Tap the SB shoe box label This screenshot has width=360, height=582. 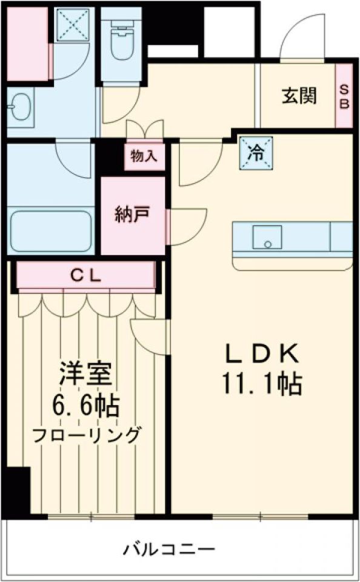click(344, 96)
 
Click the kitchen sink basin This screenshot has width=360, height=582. click(267, 236)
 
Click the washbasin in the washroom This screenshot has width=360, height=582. click(19, 107)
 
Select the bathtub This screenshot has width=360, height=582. click(50, 232)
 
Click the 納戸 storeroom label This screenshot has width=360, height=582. click(132, 214)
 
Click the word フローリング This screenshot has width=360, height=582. click(87, 434)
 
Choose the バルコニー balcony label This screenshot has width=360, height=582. click(170, 550)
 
